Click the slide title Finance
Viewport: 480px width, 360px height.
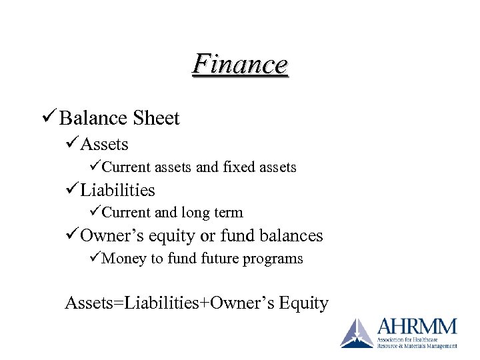[240, 65]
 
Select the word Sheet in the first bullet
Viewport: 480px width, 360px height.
[156, 119]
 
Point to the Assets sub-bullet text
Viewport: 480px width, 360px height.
[105, 144]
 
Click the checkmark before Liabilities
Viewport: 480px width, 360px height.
[71, 190]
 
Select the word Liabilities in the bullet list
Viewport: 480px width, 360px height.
[117, 190]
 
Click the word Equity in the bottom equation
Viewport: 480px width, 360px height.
[304, 304]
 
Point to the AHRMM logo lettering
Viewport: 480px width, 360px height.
[417, 327]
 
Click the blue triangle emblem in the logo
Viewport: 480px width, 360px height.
[357, 333]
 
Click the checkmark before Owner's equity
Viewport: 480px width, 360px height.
[71, 235]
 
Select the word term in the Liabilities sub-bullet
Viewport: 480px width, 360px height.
[229, 213]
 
